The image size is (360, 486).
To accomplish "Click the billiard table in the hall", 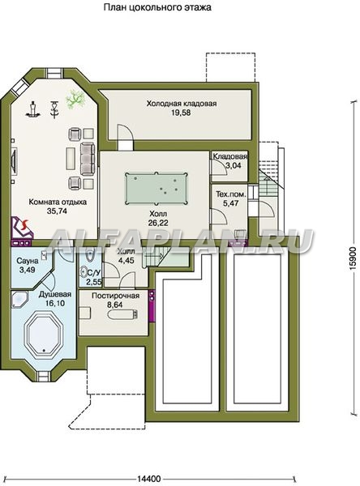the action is pos(156,188).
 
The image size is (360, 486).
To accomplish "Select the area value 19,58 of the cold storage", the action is pos(182,113).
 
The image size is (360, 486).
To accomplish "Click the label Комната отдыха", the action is pos(58,202).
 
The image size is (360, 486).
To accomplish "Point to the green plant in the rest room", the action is pos(75,99).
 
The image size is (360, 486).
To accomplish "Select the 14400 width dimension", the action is pos(149,479).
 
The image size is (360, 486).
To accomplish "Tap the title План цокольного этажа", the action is pos(157,6).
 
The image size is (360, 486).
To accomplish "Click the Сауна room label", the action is pos(28,261).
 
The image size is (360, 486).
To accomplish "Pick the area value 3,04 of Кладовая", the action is pos(234,165).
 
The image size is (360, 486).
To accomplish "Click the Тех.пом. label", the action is pos(231,194).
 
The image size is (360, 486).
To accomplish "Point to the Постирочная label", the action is pos(115,296).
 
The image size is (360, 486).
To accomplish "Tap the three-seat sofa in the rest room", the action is pos(88,159).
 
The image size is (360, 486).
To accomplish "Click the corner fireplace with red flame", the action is pos(21,228).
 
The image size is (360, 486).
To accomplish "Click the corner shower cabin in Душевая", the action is pos(19,299).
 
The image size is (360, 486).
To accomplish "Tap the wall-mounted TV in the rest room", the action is pos(14,161).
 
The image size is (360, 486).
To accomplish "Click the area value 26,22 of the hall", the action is pos(158,223).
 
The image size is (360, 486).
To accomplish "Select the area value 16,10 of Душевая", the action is pos(55,303).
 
